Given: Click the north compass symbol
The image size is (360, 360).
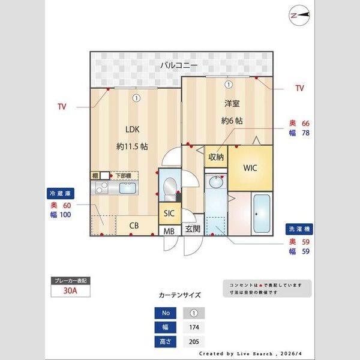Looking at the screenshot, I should [298, 14].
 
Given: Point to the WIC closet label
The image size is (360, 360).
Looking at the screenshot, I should [250, 168].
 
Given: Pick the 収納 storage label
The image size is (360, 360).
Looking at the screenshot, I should [216, 157].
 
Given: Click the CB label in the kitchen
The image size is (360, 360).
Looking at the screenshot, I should [134, 226].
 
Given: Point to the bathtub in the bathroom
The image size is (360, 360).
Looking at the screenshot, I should [262, 214].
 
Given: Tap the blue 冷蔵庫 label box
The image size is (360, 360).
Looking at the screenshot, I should [61, 194].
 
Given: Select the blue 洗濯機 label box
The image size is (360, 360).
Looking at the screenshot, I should [298, 229].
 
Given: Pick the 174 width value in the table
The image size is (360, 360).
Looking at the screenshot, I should [194, 328].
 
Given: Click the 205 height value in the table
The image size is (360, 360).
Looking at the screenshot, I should [194, 342].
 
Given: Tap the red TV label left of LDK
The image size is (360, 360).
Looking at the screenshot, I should [62, 107].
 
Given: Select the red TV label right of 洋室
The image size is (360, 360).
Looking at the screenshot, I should [299, 88].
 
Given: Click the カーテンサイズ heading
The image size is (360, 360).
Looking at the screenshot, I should [179, 295].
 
